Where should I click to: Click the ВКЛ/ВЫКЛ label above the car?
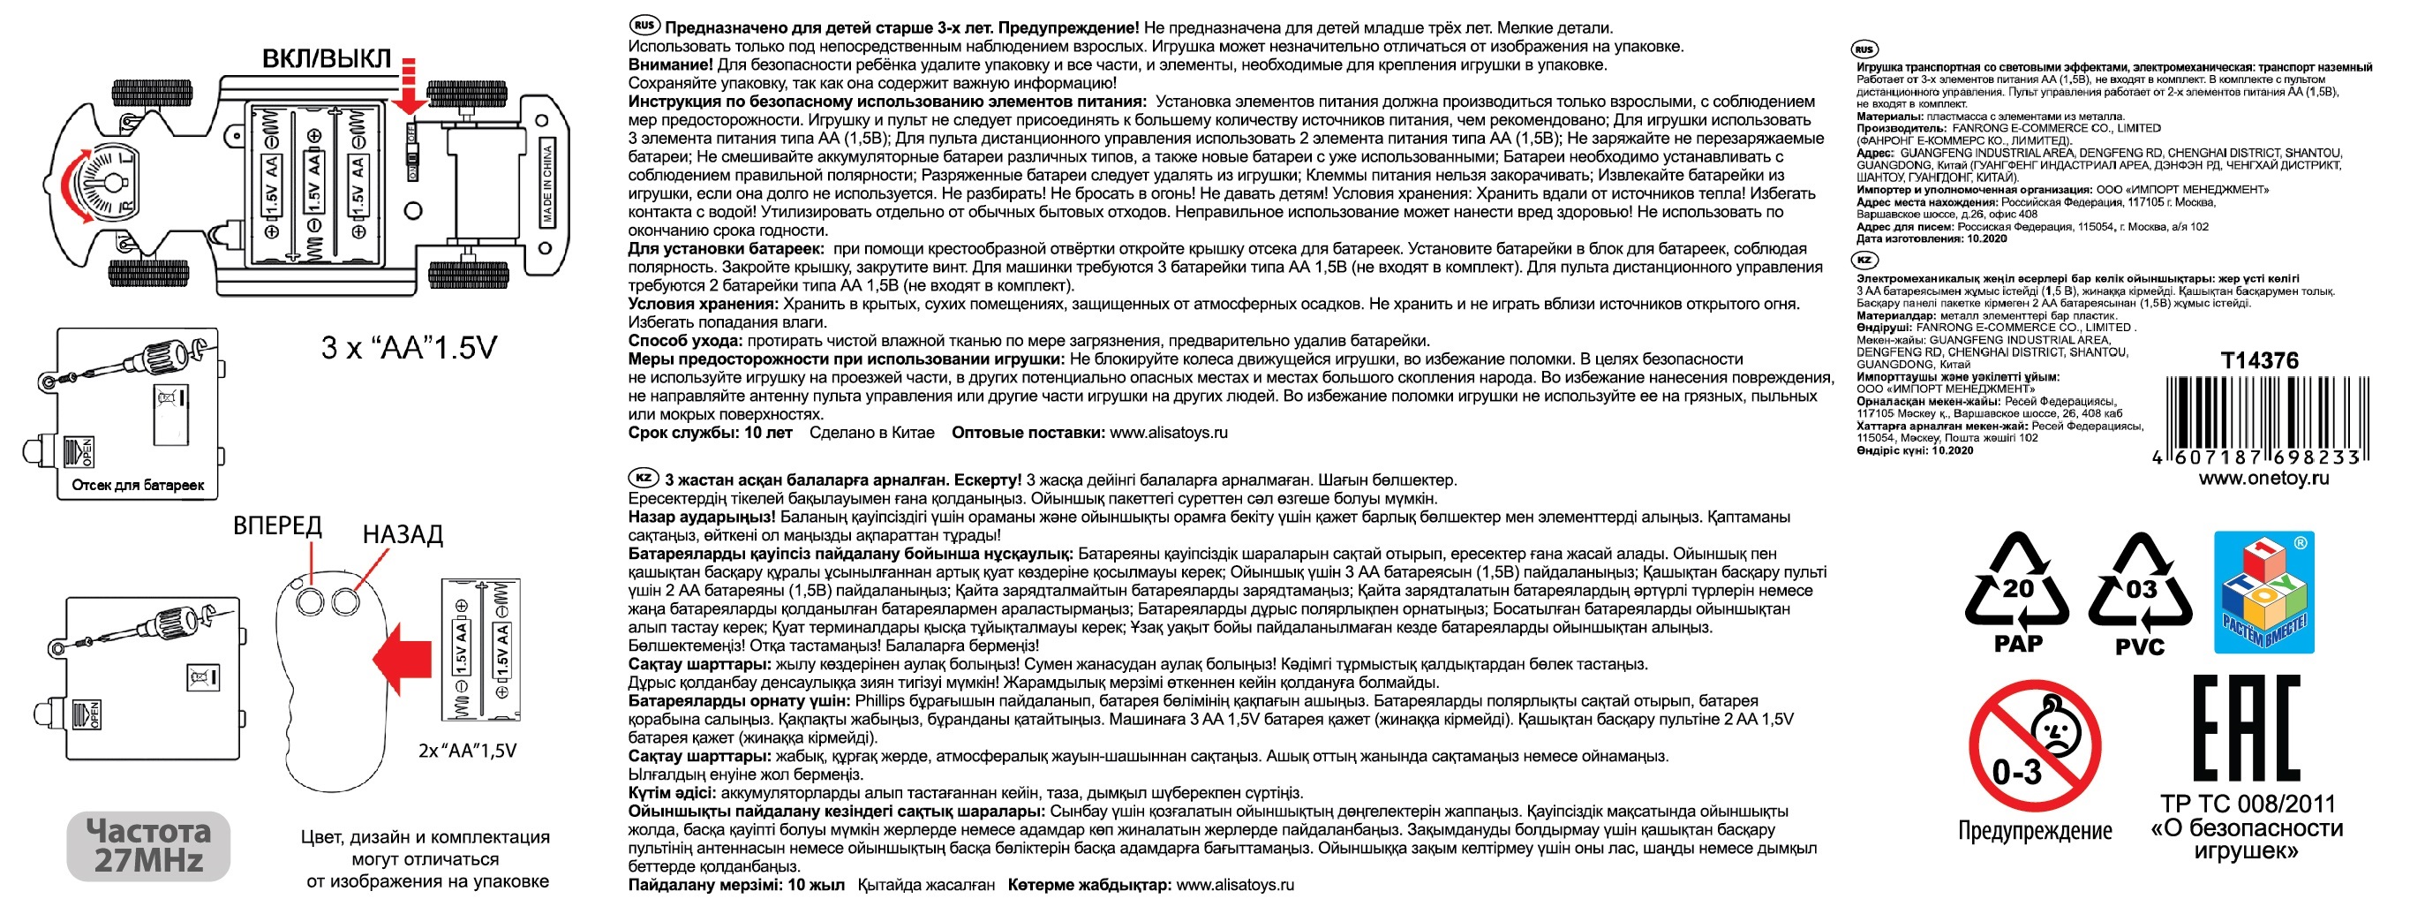(326, 58)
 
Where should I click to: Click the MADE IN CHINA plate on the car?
(547, 184)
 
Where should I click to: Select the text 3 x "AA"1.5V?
(409, 348)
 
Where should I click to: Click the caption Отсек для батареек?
(138, 486)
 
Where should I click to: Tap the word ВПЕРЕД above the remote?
(278, 525)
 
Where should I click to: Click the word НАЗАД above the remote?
(402, 534)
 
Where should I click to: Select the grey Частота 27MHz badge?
(147, 845)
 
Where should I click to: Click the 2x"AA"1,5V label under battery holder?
(467, 752)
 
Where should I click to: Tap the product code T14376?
(2258, 360)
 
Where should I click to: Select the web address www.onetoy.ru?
(2263, 478)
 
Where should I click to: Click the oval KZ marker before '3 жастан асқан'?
(643, 478)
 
